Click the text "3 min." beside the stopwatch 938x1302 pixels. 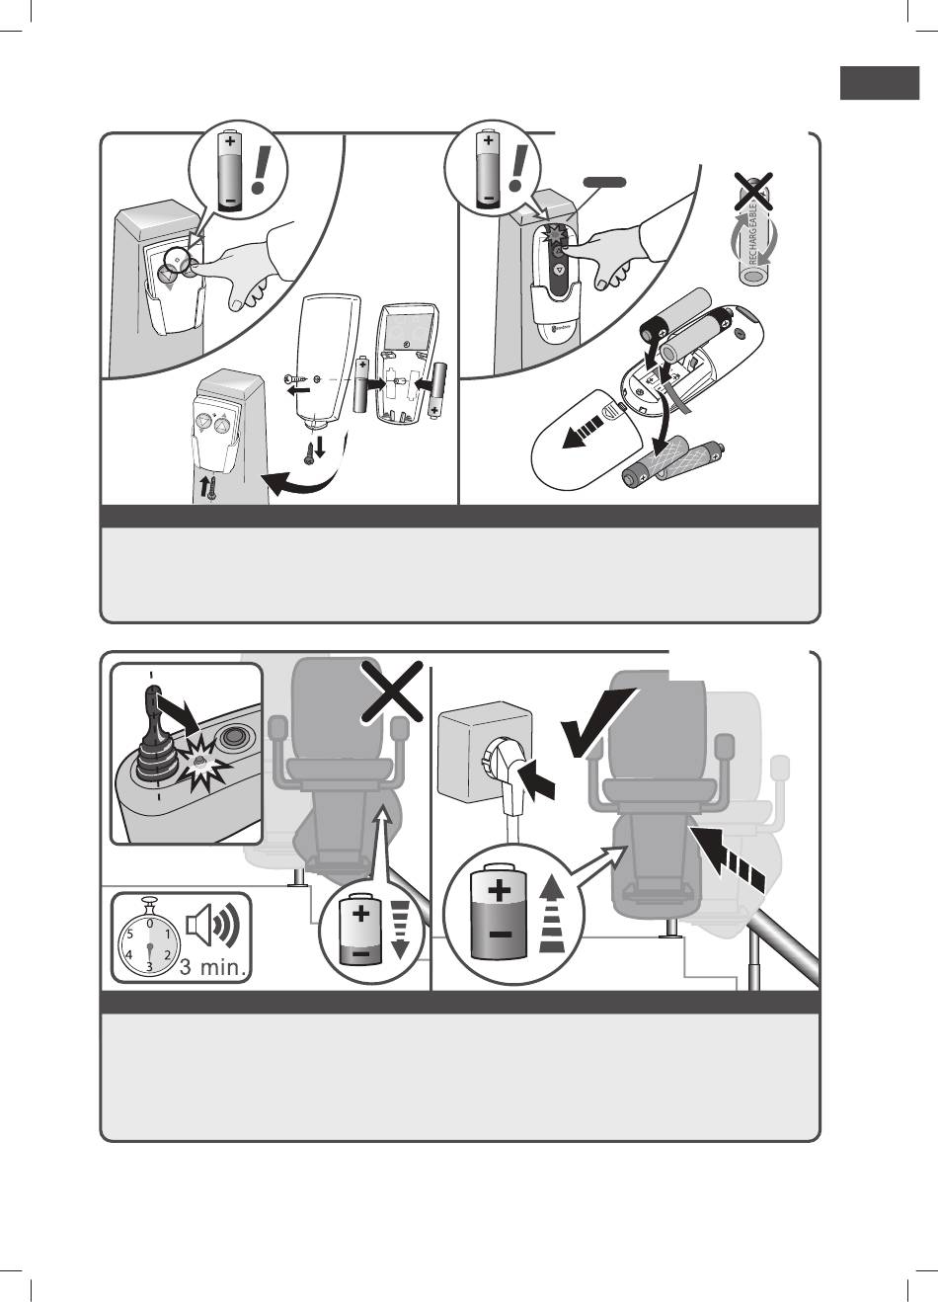[x=213, y=967]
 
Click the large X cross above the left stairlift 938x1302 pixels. [x=394, y=692]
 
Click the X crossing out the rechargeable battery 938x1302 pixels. [x=751, y=189]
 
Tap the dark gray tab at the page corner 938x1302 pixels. [x=879, y=83]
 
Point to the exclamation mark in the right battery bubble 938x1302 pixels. [x=519, y=166]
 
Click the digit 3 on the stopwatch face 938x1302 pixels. [x=148, y=966]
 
